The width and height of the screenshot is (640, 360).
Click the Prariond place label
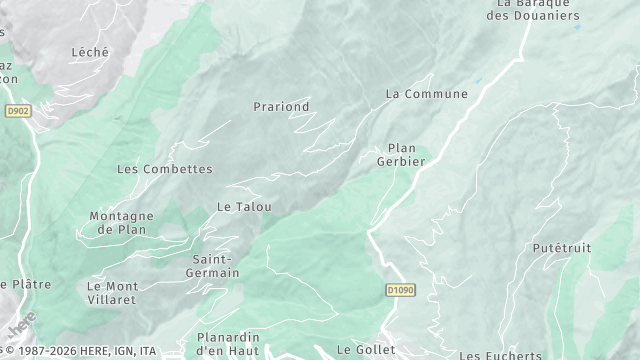(281, 107)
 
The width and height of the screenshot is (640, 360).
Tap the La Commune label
(427, 94)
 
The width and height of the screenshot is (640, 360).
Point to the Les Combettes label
(165, 170)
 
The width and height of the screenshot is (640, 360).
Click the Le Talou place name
(245, 207)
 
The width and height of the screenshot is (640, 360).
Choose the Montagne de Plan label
(121, 222)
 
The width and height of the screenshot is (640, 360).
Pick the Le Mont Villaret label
(112, 292)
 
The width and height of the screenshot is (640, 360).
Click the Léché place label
(90, 52)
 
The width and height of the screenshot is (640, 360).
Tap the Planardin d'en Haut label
(228, 344)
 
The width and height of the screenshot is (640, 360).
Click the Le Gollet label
(359, 350)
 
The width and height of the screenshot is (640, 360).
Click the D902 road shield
(17, 112)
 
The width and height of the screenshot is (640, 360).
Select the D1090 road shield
(400, 290)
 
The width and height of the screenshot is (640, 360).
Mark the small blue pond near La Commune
(478, 81)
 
